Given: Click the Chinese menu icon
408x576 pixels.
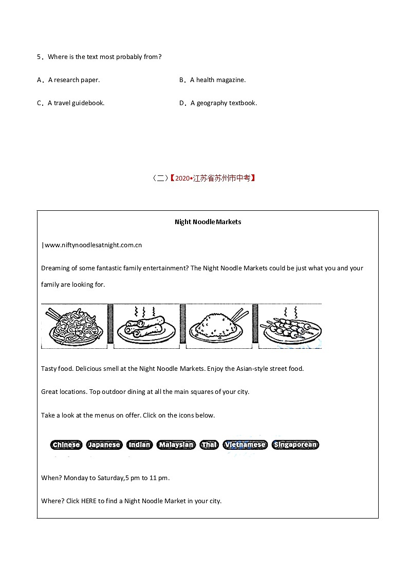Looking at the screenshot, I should (66, 445).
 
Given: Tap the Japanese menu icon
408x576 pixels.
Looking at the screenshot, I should (104, 445).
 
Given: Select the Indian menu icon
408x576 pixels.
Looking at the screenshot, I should (139, 445).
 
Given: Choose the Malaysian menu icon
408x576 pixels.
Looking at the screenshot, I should (176, 445).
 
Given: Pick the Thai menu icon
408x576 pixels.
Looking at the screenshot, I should (209, 445).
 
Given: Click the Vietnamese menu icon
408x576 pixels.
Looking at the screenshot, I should (245, 445).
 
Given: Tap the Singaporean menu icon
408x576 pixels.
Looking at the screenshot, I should (295, 445).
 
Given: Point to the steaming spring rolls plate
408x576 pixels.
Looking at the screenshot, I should (146, 326).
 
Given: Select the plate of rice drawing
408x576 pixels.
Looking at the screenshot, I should (218, 326).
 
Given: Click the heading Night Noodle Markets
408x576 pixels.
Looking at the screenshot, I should (208, 222).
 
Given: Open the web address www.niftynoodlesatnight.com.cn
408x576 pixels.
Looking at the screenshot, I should (93, 245).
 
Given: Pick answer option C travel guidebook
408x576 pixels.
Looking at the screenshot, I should (76, 103).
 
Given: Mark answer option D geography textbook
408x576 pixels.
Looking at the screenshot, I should (223, 103).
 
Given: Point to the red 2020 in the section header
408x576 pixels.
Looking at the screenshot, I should (182, 178).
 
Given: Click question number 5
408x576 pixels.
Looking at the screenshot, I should (39, 57).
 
